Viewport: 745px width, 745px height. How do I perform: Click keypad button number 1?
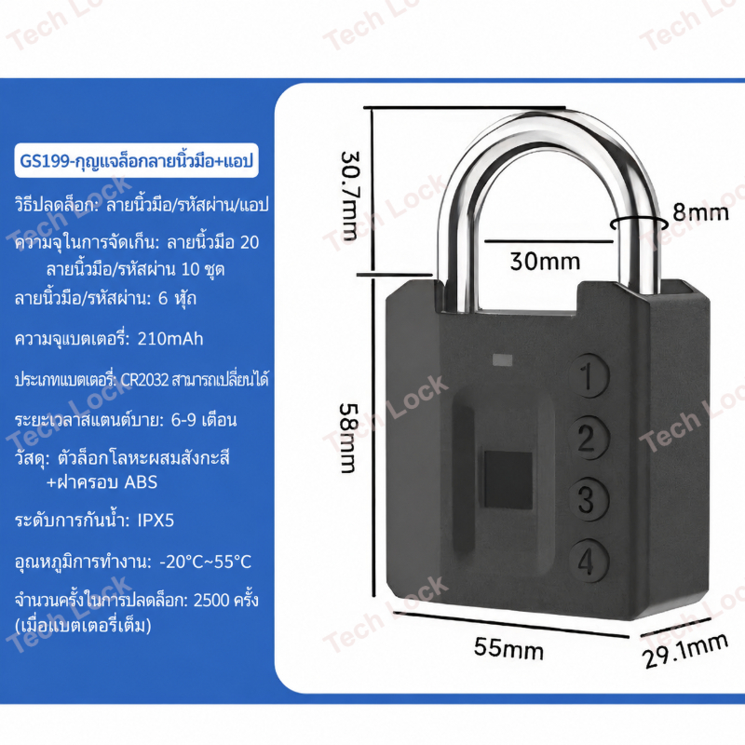pos(589,377)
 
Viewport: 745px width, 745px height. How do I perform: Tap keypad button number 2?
pos(589,439)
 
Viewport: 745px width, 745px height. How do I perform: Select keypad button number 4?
pos(589,561)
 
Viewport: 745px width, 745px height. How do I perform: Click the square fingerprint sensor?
pos(508,481)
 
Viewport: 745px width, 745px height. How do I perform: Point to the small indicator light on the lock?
pos(502,360)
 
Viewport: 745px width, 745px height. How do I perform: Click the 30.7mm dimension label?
pos(351,196)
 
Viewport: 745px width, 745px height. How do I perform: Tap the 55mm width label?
pos(508,648)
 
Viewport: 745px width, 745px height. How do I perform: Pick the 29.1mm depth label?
pos(684,651)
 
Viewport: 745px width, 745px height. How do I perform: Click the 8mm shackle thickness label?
pos(700,212)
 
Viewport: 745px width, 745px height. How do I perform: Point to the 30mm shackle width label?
pos(545,261)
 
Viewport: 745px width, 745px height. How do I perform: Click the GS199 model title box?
pos(136,160)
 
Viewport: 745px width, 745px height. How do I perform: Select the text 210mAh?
pos(170,339)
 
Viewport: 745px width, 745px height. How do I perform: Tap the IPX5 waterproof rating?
pos(156,521)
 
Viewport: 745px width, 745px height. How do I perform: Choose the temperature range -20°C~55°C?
pos(205,562)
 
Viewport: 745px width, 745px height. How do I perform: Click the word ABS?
pos(141,482)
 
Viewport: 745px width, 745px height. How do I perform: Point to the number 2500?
pos(211,601)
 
